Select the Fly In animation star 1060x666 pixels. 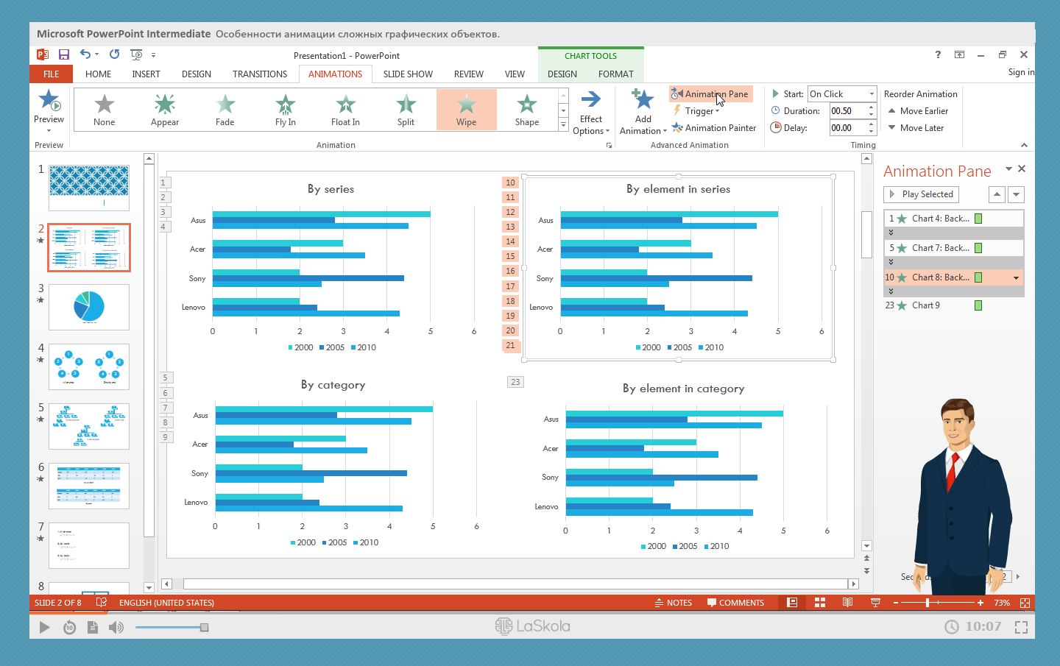coord(285,105)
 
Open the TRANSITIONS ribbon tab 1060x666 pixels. coord(260,74)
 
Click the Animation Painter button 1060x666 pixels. coord(714,128)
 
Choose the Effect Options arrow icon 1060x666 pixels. coord(590,99)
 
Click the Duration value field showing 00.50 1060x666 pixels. coord(847,111)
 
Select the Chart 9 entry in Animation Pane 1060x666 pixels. coord(926,305)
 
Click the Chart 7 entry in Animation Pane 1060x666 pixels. coord(939,248)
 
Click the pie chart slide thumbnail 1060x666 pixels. coord(89,307)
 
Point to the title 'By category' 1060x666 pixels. coord(333,385)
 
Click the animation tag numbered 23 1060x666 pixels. coord(515,382)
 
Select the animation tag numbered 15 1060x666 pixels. coord(510,256)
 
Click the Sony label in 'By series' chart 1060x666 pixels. coord(197,279)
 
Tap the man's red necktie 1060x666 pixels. coord(953,471)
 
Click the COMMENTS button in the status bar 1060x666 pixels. coord(735,603)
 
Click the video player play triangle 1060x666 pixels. coord(44,627)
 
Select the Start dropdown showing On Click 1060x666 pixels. coord(841,94)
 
